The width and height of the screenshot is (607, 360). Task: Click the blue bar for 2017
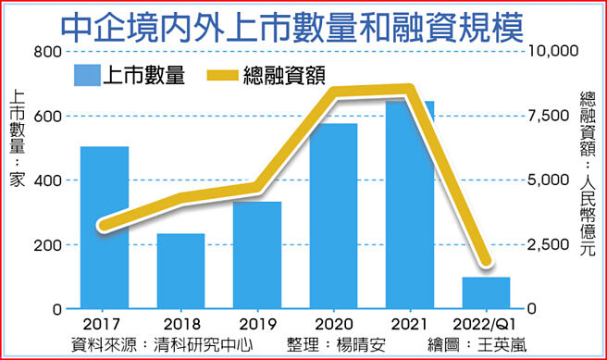coord(105,227)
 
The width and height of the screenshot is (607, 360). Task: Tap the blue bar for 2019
coord(256,254)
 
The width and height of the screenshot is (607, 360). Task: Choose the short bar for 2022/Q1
coord(486,292)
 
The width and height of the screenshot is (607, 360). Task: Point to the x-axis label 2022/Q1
coord(486,324)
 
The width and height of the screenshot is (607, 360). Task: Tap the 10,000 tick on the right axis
coord(552,53)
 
